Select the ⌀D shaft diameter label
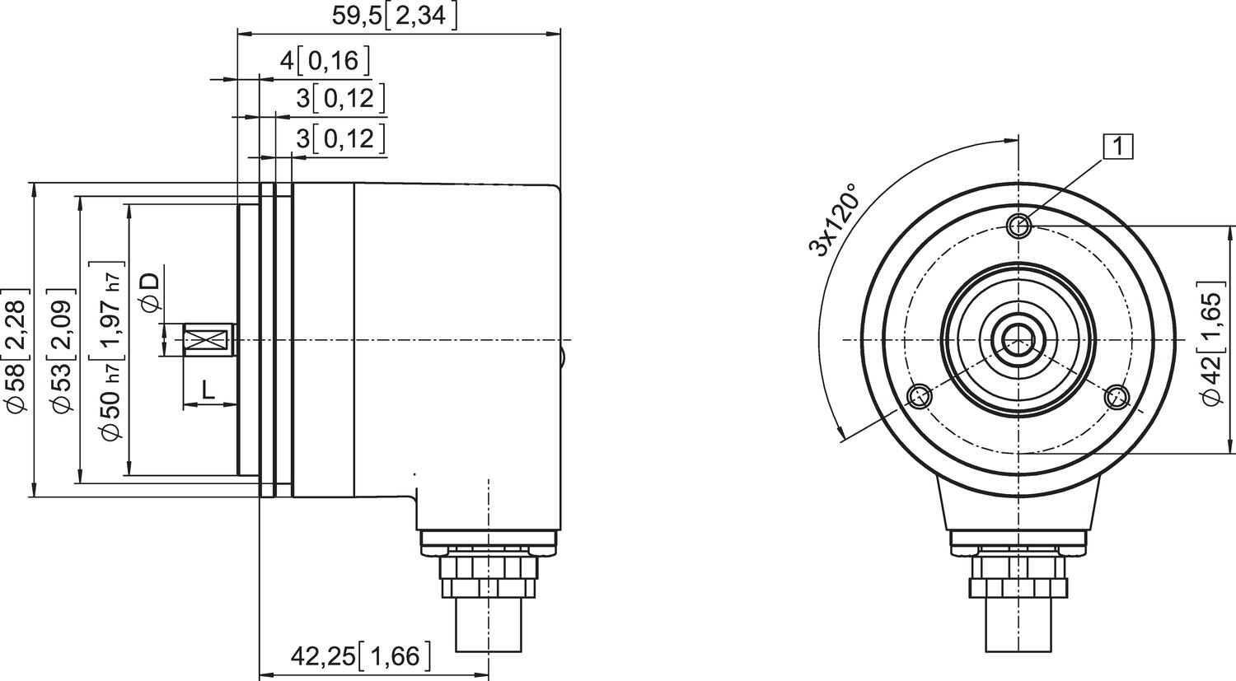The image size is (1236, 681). point(151,293)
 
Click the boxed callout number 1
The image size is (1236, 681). point(1118,146)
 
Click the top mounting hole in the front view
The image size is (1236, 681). point(1019,225)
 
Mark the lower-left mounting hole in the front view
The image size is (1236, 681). point(920,397)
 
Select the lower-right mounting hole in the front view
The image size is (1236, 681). point(1118,397)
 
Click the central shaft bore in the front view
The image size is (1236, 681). point(1019,339)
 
